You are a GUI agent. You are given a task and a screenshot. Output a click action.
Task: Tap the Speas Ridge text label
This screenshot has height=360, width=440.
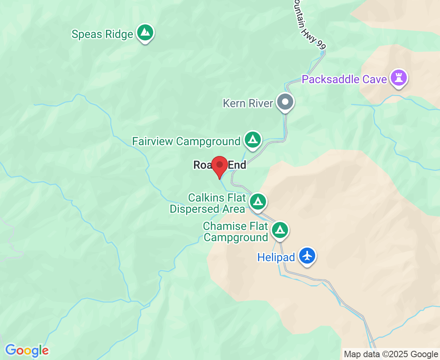point(102,34)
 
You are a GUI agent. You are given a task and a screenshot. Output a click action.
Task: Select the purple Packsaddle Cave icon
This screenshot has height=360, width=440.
point(398,78)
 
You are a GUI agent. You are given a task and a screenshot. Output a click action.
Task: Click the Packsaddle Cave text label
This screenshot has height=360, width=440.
point(344,79)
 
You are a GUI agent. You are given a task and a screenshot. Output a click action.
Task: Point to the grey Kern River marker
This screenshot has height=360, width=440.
point(285,102)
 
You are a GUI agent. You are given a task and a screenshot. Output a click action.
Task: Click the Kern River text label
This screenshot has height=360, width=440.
point(248,103)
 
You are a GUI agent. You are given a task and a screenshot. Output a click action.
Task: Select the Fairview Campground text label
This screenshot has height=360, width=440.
point(186,142)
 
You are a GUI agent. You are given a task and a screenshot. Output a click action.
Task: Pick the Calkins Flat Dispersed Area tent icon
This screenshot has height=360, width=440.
point(258,201)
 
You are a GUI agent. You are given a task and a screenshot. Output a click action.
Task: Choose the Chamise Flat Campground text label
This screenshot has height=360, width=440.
point(235,232)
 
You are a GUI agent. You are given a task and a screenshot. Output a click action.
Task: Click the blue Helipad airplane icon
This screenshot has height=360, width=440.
point(307,255)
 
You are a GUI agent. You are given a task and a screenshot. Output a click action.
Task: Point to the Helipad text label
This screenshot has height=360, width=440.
point(276,257)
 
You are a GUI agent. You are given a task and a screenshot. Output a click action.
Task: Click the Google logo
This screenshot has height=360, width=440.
point(27,351)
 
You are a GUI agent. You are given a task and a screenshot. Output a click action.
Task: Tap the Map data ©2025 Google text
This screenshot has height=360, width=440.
point(391,354)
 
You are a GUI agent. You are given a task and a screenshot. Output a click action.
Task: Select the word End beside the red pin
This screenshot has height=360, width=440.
point(237,165)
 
